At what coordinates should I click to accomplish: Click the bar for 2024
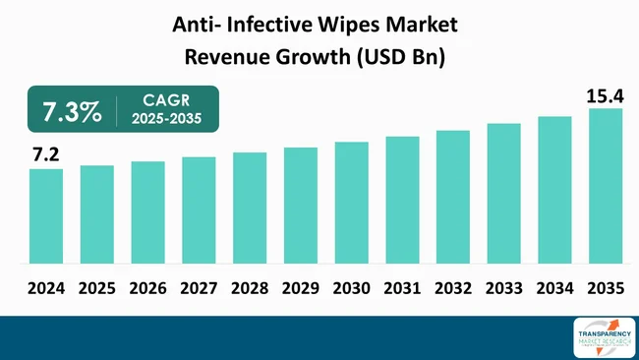click(x=45, y=216)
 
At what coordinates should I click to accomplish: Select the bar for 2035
click(x=606, y=186)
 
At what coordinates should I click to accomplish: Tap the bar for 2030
click(x=351, y=203)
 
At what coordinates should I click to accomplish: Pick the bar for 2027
click(x=199, y=210)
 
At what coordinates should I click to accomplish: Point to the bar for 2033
click(x=503, y=194)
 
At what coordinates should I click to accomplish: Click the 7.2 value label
click(x=45, y=154)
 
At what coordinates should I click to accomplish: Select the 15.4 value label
click(x=604, y=93)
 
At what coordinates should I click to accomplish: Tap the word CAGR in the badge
click(x=166, y=100)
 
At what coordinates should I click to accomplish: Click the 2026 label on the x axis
click(x=147, y=289)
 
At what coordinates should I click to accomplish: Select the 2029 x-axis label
click(x=300, y=289)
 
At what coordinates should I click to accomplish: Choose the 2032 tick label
click(x=452, y=289)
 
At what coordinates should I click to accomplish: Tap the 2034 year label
click(x=554, y=289)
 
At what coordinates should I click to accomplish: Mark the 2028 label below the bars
click(x=249, y=289)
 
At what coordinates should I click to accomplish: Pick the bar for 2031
click(x=402, y=200)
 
